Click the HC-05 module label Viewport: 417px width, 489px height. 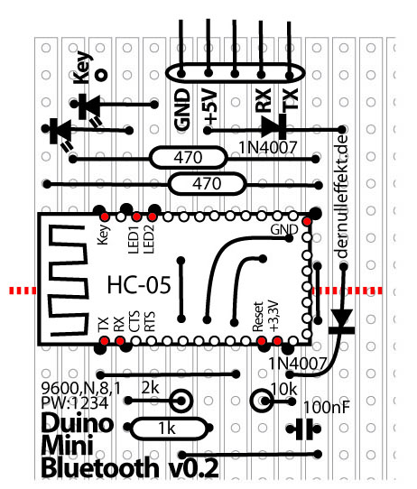139,284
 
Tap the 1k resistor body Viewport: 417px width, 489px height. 168,429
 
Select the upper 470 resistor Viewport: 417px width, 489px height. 188,158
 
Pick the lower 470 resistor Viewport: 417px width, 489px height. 207,184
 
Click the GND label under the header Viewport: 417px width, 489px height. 182,110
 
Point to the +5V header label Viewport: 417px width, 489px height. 209,106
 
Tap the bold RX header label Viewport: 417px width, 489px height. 263,100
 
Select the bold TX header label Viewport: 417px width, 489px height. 291,99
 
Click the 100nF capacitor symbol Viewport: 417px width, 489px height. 304,429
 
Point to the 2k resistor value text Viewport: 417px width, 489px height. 150,388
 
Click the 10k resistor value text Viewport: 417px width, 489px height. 283,389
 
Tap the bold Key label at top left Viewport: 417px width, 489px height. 82,67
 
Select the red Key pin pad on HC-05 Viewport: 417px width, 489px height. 105,217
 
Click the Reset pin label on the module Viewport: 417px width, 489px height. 258,317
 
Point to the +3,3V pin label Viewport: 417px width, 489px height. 273,316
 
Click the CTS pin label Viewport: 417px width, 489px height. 134,321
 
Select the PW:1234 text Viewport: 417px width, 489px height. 75,403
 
